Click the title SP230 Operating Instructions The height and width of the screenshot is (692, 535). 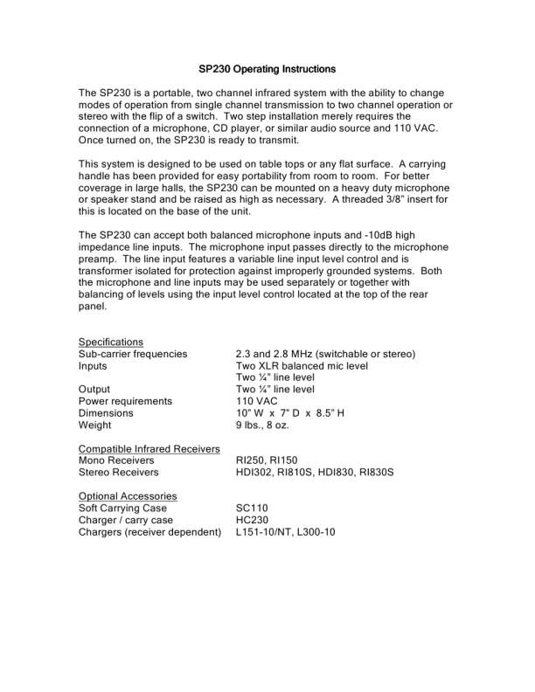(267, 68)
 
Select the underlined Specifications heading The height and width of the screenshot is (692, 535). (111, 342)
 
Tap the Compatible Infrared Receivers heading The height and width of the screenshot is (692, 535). (149, 448)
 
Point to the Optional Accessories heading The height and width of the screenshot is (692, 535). (128, 495)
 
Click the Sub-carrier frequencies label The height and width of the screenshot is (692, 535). (133, 354)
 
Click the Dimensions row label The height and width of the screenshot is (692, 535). (106, 412)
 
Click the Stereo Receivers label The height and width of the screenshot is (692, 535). (119, 472)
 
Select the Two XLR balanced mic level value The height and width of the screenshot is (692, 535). (302, 366)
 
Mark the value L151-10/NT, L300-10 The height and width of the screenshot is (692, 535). (285, 531)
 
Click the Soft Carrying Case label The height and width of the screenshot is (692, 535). (122, 508)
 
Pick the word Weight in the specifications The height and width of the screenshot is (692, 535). (96, 425)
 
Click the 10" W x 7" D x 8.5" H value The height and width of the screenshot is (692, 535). (291, 412)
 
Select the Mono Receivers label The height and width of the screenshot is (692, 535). (116, 460)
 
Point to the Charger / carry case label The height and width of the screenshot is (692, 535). (126, 519)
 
